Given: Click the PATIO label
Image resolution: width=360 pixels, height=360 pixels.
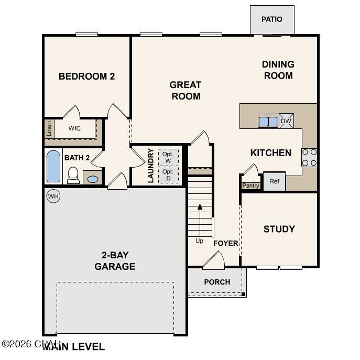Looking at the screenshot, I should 272,19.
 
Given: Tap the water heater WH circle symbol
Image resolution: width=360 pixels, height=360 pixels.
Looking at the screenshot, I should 53,196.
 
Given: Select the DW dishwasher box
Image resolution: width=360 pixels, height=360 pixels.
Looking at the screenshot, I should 286,121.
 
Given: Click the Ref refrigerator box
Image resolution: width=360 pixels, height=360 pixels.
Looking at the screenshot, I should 274,181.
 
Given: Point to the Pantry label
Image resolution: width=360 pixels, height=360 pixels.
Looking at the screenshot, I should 250,186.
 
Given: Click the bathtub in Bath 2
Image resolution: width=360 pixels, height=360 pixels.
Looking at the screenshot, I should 53,167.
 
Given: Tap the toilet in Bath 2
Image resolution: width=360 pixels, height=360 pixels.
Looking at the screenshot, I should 73,175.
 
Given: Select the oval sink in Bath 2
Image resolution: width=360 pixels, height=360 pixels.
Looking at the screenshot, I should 93,179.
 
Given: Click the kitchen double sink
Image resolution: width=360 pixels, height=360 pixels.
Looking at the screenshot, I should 268,121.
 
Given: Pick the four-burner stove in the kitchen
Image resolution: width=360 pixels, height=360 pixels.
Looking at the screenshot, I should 309,157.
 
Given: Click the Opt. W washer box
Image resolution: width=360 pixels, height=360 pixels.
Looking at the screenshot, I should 168,157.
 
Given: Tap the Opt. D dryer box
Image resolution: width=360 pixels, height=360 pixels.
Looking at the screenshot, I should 168,174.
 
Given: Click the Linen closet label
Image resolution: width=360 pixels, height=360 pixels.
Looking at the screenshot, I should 49,129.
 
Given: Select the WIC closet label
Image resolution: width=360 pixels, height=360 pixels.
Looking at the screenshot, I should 74,128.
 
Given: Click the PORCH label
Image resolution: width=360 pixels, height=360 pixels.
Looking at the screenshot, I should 217,282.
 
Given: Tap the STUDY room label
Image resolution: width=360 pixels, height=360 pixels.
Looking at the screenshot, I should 279,229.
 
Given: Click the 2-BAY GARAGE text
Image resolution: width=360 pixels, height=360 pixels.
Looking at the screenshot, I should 115,261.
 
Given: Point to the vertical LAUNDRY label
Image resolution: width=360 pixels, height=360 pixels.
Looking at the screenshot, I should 150,166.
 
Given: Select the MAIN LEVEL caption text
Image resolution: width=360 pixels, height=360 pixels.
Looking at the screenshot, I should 74,346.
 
